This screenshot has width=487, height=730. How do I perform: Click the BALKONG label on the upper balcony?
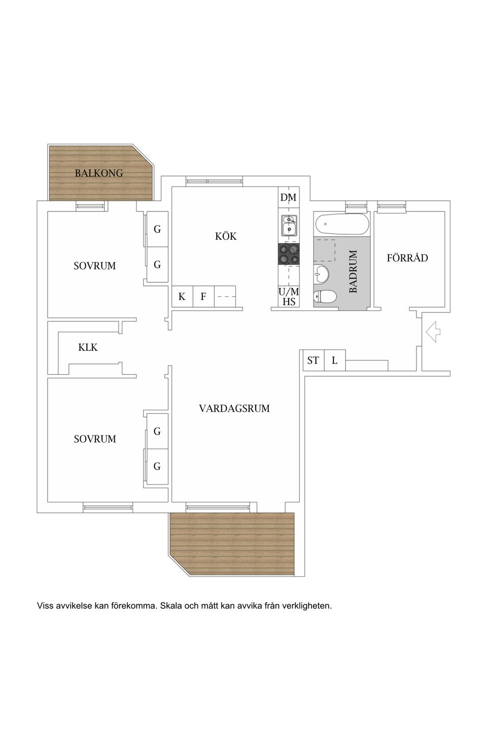pyautogui.click(x=99, y=173)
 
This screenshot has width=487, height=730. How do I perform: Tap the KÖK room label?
pyautogui.click(x=226, y=236)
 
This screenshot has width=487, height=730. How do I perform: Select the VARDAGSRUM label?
pyautogui.click(x=234, y=409)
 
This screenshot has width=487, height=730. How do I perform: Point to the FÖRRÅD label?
pyautogui.click(x=407, y=258)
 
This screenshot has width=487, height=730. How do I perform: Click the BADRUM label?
pyautogui.click(x=354, y=271)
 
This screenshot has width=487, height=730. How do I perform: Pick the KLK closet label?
pyautogui.click(x=88, y=348)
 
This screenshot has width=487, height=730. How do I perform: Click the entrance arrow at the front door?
pyautogui.click(x=433, y=333)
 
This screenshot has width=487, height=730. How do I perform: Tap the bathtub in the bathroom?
pyautogui.click(x=341, y=224)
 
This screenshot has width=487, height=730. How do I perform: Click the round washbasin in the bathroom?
pyautogui.click(x=322, y=274)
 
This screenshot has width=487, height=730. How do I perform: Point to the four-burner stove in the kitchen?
pyautogui.click(x=289, y=253)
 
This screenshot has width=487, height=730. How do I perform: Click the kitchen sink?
pyautogui.click(x=289, y=226)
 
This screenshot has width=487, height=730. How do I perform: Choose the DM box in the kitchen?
pyautogui.click(x=288, y=197)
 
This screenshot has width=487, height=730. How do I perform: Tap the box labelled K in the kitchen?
pyautogui.click(x=182, y=297)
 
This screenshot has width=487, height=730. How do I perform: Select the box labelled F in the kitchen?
pyautogui.click(x=203, y=297)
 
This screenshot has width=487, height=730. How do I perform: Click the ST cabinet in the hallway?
pyautogui.click(x=313, y=360)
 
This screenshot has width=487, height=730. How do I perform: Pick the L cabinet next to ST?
pyautogui.click(x=335, y=361)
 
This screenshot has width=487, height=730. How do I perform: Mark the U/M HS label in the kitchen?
pyautogui.click(x=289, y=297)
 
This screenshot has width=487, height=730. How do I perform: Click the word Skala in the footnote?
pyautogui.click(x=171, y=606)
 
